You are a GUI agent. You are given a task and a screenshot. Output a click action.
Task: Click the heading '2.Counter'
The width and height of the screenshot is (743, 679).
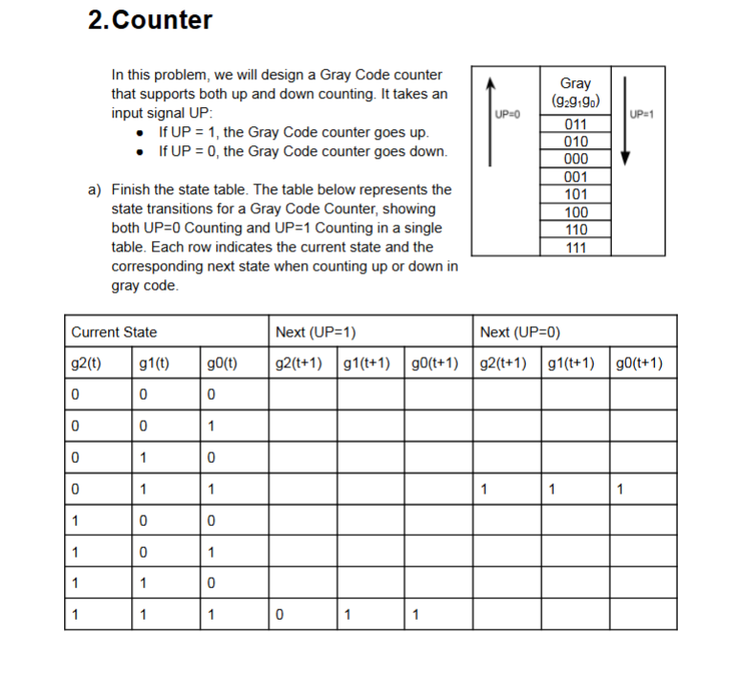(149, 20)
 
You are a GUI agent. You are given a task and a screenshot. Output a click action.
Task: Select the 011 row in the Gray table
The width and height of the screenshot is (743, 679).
(575, 124)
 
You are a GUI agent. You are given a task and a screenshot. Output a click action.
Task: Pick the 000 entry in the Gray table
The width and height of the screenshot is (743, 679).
(575, 160)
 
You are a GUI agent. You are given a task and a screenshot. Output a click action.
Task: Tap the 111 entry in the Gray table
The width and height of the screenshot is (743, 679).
(575, 248)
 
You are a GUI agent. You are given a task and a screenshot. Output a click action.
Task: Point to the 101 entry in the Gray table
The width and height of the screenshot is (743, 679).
(575, 195)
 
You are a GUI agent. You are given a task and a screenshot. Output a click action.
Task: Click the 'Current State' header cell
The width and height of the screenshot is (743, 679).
(115, 332)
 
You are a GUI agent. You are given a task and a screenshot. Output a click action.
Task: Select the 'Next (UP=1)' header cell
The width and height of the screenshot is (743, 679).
(316, 332)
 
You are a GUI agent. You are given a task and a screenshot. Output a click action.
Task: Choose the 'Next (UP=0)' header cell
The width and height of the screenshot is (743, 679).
(520, 332)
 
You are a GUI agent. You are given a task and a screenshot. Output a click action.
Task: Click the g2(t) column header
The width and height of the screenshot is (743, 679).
(87, 363)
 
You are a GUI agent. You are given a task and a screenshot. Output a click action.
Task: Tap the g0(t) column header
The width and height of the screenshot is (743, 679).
(222, 363)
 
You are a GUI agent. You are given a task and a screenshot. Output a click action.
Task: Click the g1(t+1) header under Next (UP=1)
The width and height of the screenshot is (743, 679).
(370, 363)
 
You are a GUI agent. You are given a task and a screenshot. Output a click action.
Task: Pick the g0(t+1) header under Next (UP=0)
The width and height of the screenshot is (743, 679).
(643, 363)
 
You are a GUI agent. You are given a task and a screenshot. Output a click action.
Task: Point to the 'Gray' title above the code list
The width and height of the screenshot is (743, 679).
(575, 83)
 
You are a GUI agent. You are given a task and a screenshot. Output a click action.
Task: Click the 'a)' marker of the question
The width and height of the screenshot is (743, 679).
(95, 190)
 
